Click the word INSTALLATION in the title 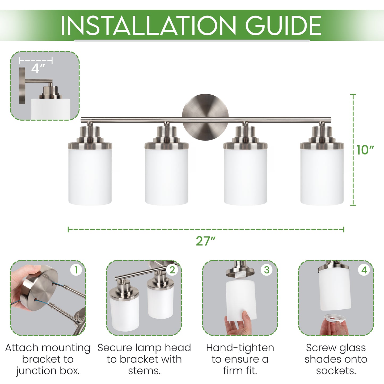tap(148, 26)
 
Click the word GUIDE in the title tap(283, 26)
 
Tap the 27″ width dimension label tap(205, 241)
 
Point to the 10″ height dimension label tap(365, 150)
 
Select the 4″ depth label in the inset tap(38, 69)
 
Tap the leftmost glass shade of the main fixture tap(90, 177)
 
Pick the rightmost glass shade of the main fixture tap(322, 177)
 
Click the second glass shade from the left tap(167, 177)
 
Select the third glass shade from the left tap(245, 177)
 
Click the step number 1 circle tap(76, 270)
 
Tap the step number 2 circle tap(172, 270)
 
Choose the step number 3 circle tap(267, 270)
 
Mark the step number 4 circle tap(364, 270)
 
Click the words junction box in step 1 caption tap(48, 371)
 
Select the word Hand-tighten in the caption tap(240, 348)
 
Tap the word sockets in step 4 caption tap(336, 371)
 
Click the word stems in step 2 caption tap(144, 371)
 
